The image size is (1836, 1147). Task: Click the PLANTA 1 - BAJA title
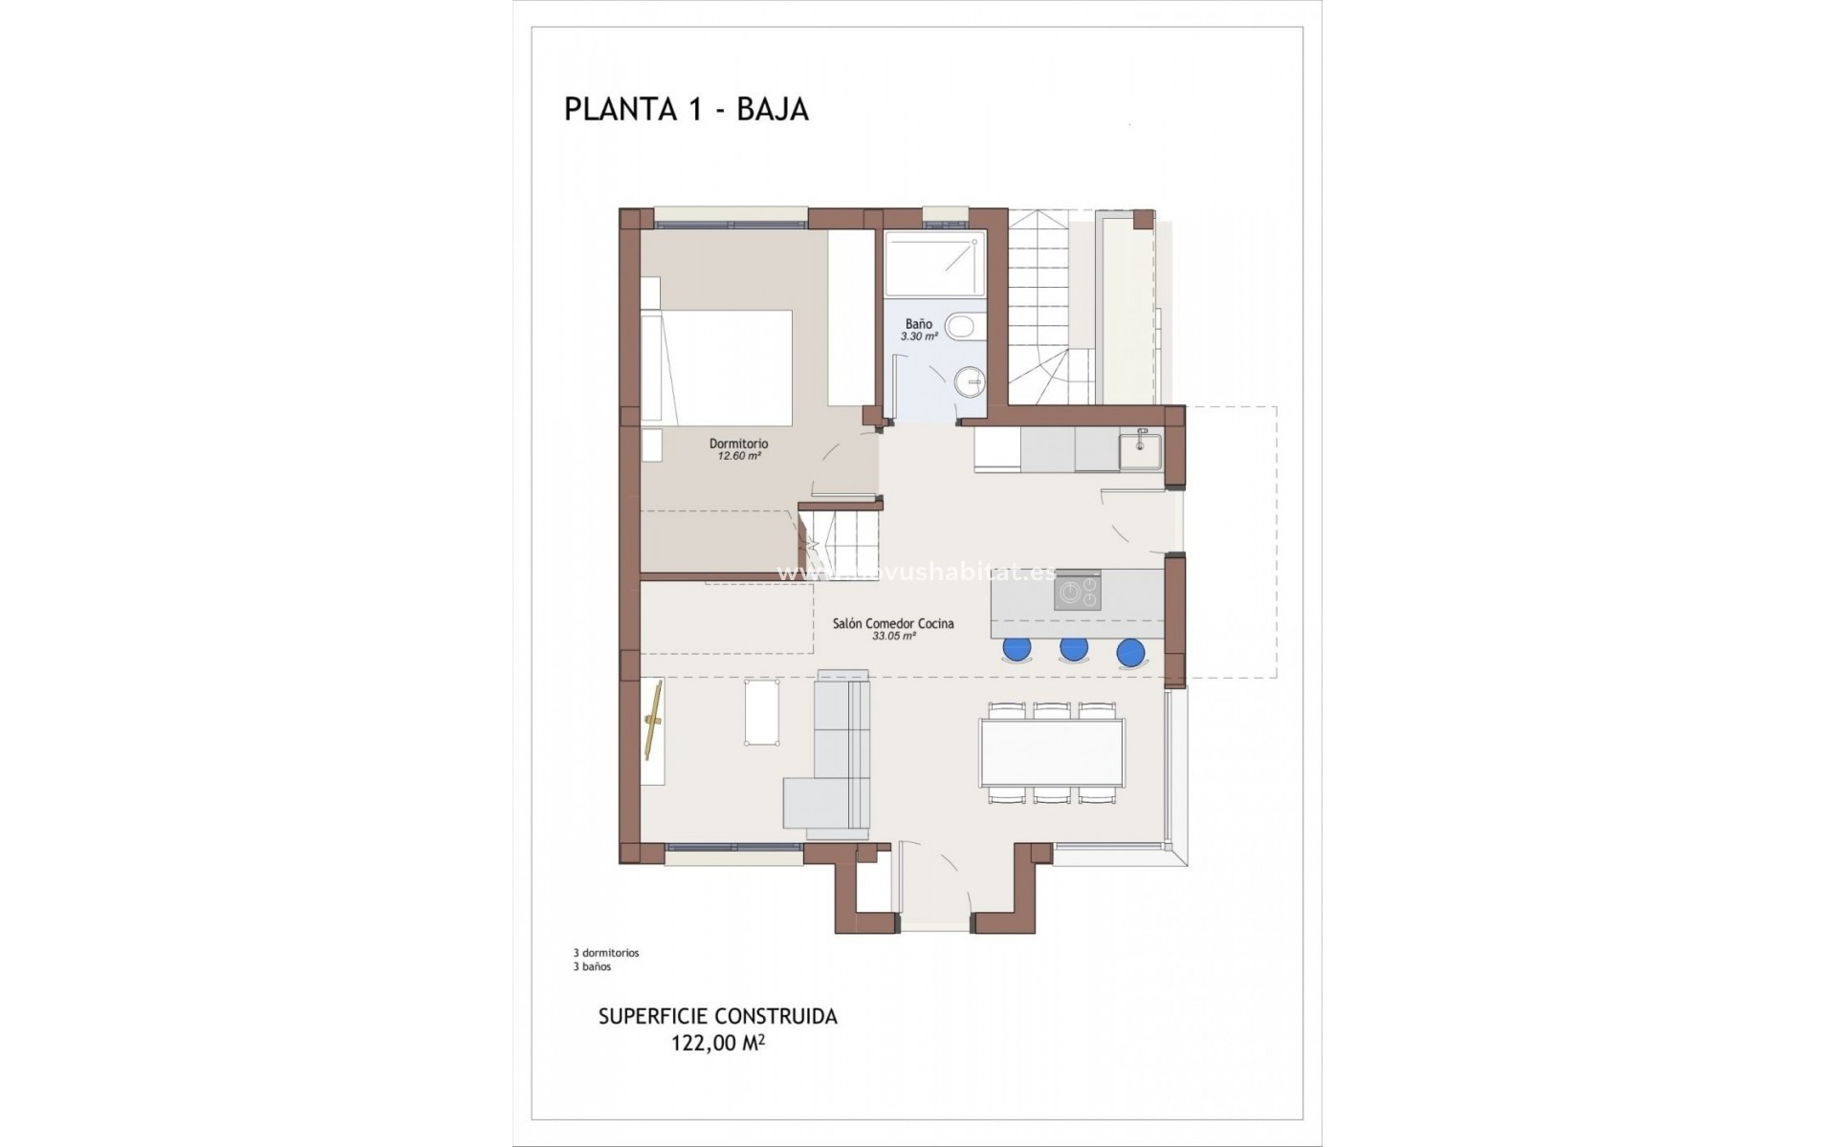[x=686, y=109]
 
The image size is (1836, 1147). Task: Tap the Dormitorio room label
[x=738, y=444]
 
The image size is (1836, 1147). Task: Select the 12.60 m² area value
[x=738, y=457]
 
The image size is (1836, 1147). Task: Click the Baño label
[x=919, y=324]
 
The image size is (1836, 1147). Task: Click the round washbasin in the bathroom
[x=970, y=382]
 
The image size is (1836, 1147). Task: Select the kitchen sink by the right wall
[x=1141, y=451]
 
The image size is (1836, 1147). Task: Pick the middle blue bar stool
[x=1074, y=650]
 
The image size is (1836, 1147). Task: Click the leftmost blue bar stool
[x=1016, y=650]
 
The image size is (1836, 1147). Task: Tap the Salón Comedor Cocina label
[x=892, y=623]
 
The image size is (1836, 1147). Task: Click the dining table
[x=1052, y=751]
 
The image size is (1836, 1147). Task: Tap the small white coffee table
[x=761, y=711]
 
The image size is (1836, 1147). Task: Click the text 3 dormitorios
[x=605, y=953]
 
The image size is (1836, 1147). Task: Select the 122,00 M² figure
[x=717, y=1044]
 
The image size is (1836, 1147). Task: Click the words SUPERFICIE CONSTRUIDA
[x=717, y=1017]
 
